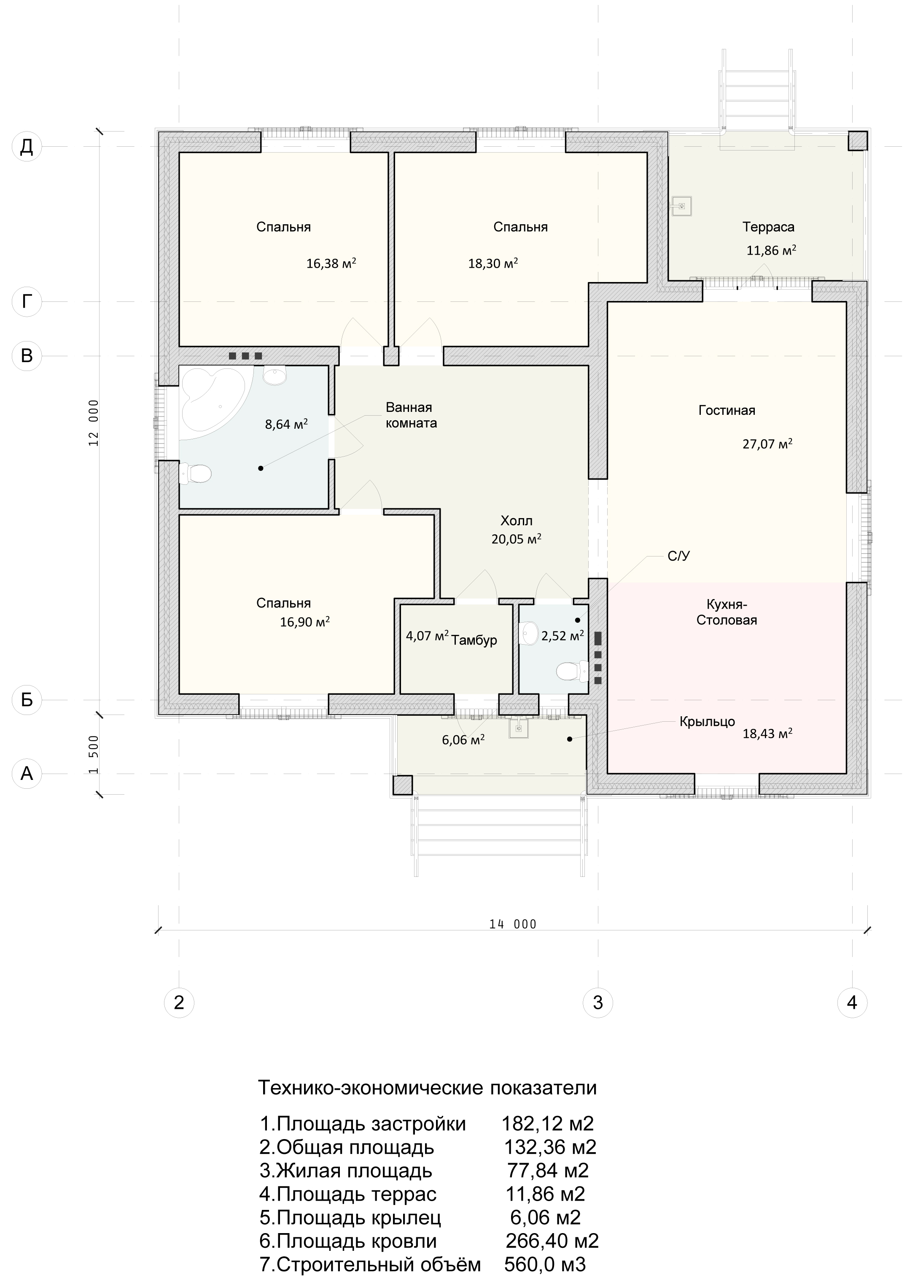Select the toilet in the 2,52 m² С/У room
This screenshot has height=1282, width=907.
tap(572, 671)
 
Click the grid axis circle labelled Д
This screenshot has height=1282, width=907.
tap(27, 146)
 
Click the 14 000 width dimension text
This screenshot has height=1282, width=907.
tap(513, 924)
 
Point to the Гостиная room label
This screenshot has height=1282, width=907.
tap(727, 410)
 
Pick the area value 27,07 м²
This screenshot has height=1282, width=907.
tap(767, 444)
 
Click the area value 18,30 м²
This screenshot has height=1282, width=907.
tap(493, 263)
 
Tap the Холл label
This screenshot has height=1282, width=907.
tap(517, 521)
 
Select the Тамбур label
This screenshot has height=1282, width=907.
tap(474, 640)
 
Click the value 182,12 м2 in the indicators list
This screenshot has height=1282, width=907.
tap(547, 1123)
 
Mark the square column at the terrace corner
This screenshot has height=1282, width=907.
tap(858, 141)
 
